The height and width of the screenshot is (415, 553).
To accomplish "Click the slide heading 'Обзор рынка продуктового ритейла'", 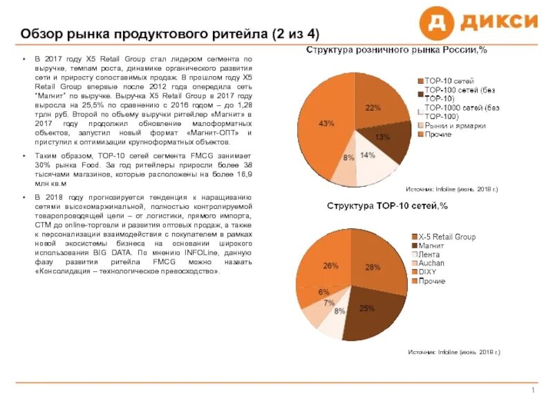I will tap(169, 34).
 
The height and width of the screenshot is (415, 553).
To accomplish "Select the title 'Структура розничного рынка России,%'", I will tap(397, 50).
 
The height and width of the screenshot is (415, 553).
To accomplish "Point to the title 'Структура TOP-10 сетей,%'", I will tap(387, 205).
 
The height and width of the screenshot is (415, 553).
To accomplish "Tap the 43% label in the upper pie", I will tap(326, 123).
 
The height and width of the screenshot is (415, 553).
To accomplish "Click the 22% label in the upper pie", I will tap(373, 108).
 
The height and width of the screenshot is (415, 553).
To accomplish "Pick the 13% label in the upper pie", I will tap(382, 137).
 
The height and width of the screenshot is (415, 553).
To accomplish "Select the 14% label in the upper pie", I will tap(367, 155).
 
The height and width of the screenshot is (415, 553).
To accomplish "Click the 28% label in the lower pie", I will tap(373, 267).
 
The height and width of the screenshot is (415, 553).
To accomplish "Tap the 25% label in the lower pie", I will tap(366, 308).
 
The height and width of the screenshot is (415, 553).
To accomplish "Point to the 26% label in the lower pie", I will tap(330, 266).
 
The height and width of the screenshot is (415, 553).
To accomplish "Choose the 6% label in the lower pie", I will tap(324, 293).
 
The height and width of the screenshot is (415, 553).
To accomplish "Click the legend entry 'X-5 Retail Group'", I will tap(447, 237).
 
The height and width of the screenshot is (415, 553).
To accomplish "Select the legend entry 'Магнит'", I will tap(432, 246).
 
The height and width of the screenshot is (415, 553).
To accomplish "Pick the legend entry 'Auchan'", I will tap(432, 264).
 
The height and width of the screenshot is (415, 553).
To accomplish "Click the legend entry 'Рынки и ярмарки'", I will tap(454, 125).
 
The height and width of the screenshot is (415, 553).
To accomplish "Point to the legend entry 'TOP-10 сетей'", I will tap(449, 81).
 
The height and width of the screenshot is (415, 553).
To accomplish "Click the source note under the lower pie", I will tap(453, 353).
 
